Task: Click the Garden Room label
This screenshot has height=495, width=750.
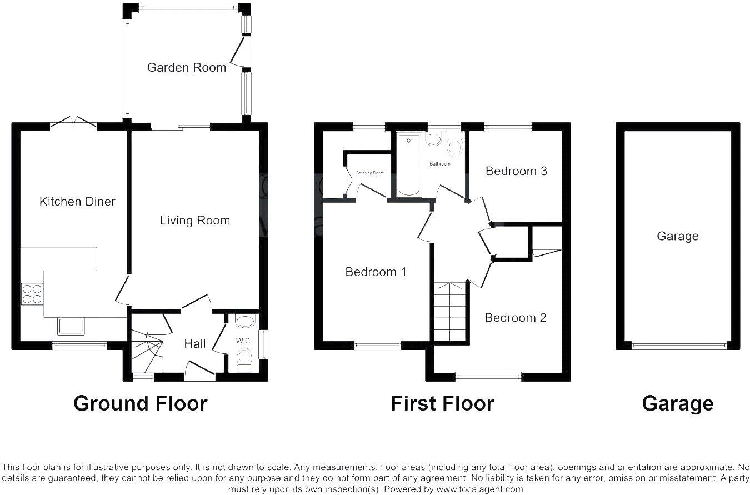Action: pyautogui.click(x=186, y=68)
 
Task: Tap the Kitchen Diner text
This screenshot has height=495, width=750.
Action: pyautogui.click(x=77, y=202)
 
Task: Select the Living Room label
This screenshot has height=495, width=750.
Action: pyautogui.click(x=194, y=221)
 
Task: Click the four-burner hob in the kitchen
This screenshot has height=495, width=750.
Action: pyautogui.click(x=32, y=293)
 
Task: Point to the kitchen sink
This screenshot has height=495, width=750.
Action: pyautogui.click(x=71, y=326)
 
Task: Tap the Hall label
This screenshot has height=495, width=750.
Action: pyautogui.click(x=195, y=344)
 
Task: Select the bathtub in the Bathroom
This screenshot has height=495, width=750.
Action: pyautogui.click(x=408, y=165)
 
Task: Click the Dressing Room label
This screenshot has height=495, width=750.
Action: pyautogui.click(x=370, y=173)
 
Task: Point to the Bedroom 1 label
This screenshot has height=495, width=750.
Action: pyautogui.click(x=376, y=272)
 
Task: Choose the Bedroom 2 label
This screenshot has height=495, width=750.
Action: pyautogui.click(x=515, y=318)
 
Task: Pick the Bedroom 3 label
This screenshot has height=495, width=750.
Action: pyautogui.click(x=516, y=171)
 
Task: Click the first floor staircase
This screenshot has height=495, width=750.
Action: pyautogui.click(x=450, y=312)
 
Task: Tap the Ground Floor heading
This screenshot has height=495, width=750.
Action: pyautogui.click(x=140, y=403)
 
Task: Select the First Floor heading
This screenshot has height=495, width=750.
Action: pyautogui.click(x=442, y=403)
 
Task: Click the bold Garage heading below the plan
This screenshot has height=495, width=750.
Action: pyautogui.click(x=677, y=403)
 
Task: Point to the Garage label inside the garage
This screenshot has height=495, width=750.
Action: pyautogui.click(x=677, y=237)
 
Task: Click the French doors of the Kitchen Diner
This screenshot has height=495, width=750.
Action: pyautogui.click(x=73, y=123)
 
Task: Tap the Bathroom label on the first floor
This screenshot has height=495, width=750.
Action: pyautogui.click(x=439, y=164)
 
